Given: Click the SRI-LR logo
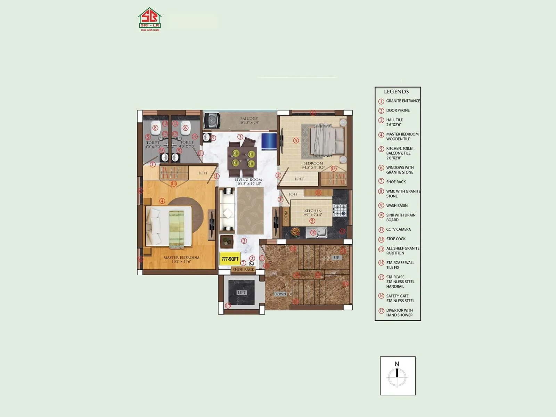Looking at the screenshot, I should pos(149,19).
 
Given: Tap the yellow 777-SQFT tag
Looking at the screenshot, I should pos(230,259).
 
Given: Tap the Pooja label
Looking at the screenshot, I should pos(286,216).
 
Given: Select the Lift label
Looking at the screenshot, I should pos(242,293).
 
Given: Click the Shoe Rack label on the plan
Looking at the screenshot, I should pos(243,269).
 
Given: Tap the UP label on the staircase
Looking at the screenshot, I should pos(336,258).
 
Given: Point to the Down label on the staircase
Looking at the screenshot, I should pos(280,294).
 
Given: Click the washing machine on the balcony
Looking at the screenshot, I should pos(212,121).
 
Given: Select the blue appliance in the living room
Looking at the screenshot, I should pos(269,141).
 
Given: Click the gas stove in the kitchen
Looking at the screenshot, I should pos(340,210).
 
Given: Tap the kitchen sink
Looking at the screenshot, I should pos(316,232).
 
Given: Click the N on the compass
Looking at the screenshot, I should pos(397,364).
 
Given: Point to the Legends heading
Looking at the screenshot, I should pos(396,92).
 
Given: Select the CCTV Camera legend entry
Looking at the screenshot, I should pos(398,229).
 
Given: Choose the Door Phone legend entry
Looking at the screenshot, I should pos(398,111).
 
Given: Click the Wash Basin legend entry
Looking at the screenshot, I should pos(397,206).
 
